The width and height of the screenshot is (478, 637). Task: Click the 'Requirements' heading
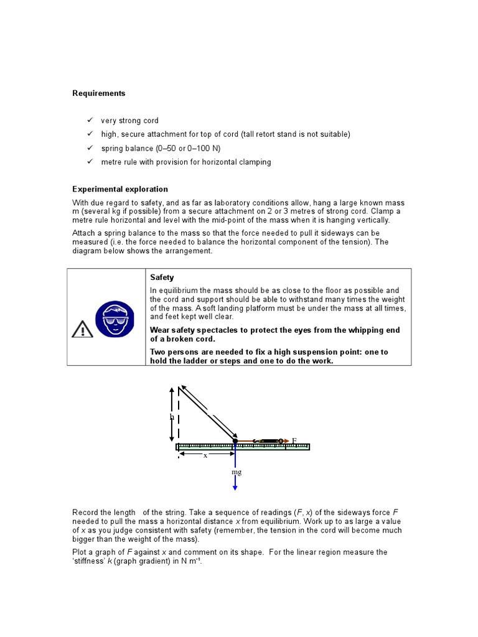click(98, 93)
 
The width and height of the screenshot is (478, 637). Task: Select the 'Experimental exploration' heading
click(120, 189)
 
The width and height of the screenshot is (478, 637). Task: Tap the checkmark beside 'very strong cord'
click(90, 120)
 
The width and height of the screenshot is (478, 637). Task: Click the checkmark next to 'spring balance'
click(90, 148)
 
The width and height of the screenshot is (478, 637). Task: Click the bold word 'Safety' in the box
click(162, 277)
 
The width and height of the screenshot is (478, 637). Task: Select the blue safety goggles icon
click(115, 320)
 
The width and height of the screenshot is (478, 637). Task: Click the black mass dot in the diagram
click(235, 441)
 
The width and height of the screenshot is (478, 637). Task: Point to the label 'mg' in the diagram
click(237, 472)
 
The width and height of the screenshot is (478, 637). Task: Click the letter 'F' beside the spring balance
click(294, 440)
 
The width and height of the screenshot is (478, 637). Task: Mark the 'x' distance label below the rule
click(205, 455)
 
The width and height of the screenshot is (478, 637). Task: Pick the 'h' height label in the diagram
click(172, 417)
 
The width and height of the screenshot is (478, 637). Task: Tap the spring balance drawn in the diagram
click(268, 441)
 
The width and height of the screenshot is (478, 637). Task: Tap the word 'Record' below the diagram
click(87, 512)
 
